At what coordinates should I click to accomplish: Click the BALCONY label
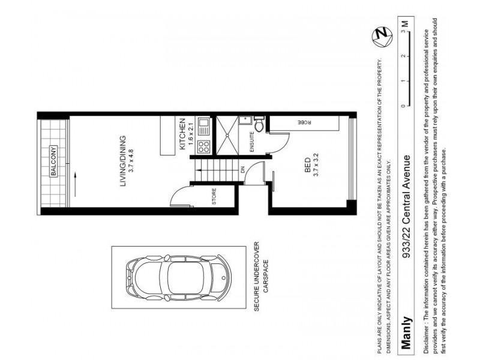(53, 161)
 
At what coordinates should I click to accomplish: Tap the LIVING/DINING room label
(122, 161)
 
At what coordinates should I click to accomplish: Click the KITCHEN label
(182, 135)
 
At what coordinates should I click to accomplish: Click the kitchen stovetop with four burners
(203, 145)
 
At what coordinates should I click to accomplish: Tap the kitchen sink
(203, 127)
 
